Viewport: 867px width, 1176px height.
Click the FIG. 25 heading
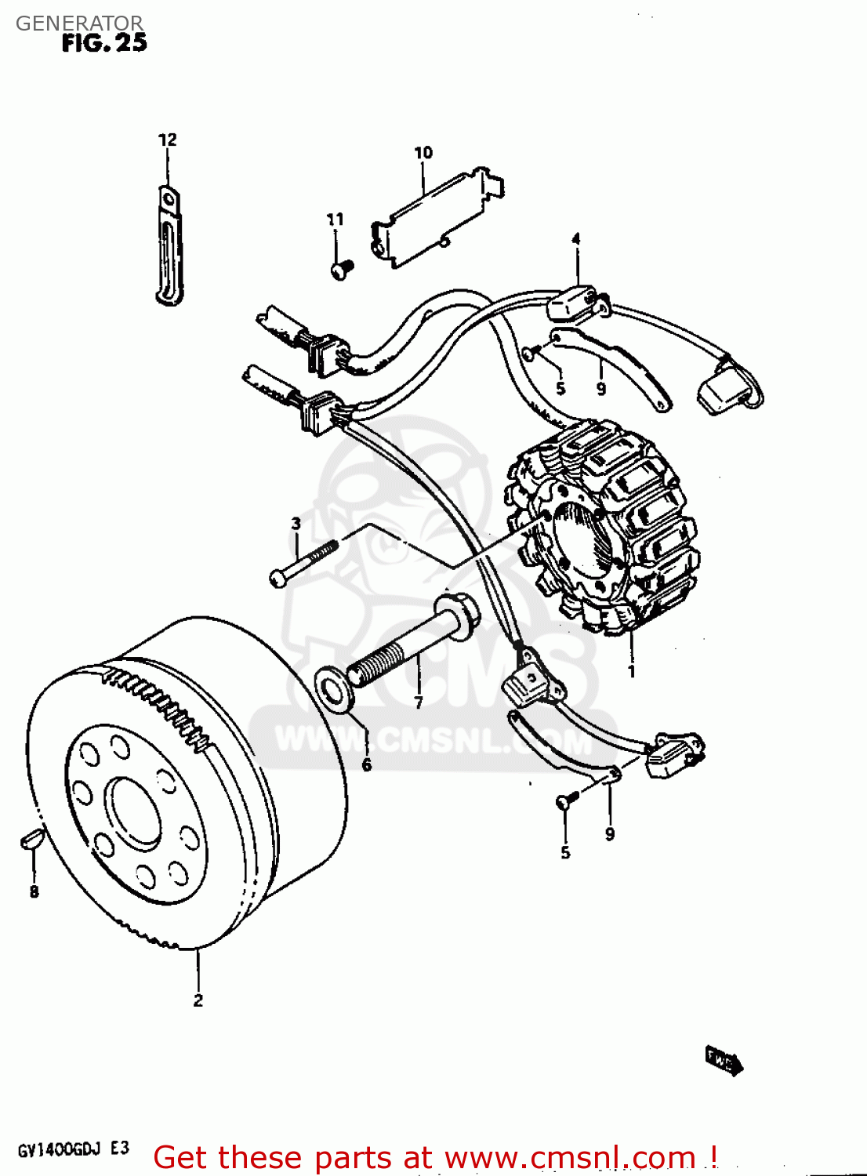coord(104,43)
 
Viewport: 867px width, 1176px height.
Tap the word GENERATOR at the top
coord(79,24)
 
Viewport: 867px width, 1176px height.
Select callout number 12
coord(168,140)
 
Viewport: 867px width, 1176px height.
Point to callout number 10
coord(423,152)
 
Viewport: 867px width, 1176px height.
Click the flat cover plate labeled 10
coord(435,220)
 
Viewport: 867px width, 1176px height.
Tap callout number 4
coord(576,239)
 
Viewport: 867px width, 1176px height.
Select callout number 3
coord(296,523)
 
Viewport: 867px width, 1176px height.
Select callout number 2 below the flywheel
coord(198,1000)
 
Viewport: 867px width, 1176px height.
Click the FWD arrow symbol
coord(723,1060)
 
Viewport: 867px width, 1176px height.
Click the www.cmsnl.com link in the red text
coord(571,1157)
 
